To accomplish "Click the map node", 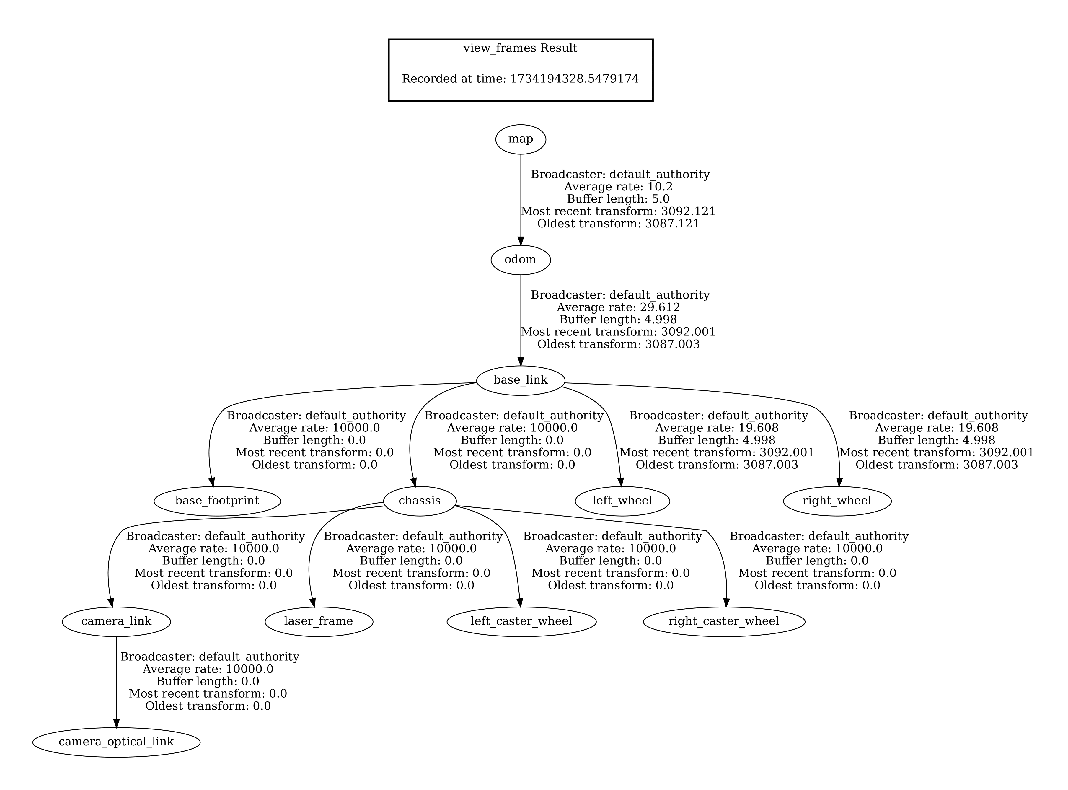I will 520,139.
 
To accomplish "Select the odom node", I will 520,260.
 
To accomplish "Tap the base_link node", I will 520,380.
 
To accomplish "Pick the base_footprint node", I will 217,501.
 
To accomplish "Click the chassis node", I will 419,501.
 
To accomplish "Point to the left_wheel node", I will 622,501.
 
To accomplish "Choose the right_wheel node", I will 837,501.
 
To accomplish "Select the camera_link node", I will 116,621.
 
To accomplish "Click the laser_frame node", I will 318,621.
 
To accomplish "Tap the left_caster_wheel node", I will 521,621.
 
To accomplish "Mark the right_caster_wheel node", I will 724,621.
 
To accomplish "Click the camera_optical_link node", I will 116,742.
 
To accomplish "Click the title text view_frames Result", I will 520,48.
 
